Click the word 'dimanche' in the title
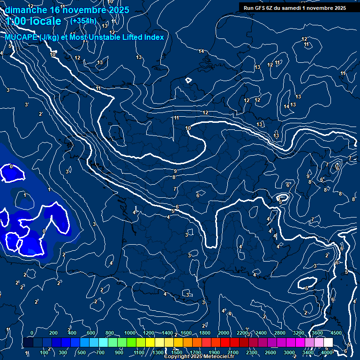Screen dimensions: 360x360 pyautogui.click(x=26, y=10)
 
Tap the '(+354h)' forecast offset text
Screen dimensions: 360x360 pyautogui.click(x=83, y=21)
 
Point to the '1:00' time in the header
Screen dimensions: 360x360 pyautogui.click(x=17, y=21)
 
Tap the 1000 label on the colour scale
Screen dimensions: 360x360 pyautogui.click(x=129, y=333)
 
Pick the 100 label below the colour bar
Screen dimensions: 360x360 pyautogui.click(x=44, y=352)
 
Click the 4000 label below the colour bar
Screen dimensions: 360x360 pyautogui.click(x=327, y=352)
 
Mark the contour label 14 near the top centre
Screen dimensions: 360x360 pyautogui.click(x=201, y=51)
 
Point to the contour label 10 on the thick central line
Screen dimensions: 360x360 pyautogui.click(x=188, y=128)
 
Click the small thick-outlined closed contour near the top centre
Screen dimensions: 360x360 pyautogui.click(x=188, y=80)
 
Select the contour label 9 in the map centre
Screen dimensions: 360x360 pyautogui.click(x=175, y=172)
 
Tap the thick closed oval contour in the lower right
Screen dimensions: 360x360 pyautogui.click(x=307, y=283)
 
